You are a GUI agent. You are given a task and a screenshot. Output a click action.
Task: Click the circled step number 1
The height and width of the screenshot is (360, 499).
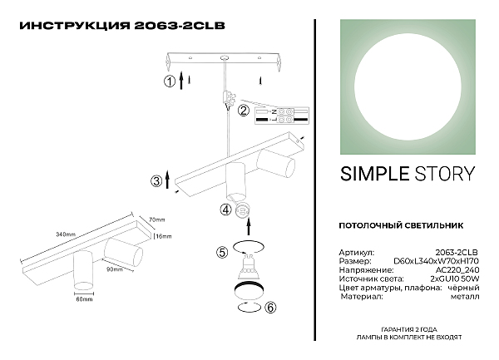[170, 81]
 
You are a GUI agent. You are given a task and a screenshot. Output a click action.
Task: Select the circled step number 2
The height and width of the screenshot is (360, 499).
[244, 111]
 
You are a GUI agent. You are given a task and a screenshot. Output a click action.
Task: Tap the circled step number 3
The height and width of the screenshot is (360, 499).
[156, 181]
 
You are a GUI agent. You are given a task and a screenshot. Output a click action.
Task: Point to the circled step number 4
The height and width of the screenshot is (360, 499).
[225, 210]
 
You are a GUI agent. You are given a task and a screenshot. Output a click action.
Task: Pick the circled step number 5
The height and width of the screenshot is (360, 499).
[222, 253]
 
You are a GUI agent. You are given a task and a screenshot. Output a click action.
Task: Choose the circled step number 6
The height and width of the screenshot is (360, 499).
[270, 308]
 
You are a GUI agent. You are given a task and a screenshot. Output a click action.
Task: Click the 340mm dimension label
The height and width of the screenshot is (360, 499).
[66, 234]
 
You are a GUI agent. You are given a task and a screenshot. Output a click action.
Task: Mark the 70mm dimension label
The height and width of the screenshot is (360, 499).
[157, 219]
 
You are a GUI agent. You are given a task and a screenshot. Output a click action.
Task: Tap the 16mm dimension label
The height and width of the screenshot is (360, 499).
[164, 236]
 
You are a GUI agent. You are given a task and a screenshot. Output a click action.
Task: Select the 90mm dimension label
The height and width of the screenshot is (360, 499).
[115, 269]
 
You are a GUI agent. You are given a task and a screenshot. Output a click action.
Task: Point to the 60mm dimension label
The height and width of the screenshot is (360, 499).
[84, 299]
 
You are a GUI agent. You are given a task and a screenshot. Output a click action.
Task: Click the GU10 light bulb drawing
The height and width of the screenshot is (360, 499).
[249, 266]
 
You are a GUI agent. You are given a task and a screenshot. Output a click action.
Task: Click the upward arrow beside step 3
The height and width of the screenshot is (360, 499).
[168, 179]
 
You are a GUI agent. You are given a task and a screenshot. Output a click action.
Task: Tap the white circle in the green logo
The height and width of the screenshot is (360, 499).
[408, 87]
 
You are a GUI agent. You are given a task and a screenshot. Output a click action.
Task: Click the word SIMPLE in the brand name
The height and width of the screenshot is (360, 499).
[374, 174]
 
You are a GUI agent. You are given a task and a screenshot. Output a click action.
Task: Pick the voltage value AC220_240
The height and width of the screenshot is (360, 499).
[457, 270]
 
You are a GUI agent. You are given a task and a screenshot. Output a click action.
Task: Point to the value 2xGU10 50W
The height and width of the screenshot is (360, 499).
[455, 279]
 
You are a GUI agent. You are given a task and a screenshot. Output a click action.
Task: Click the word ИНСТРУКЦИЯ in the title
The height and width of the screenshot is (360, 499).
[75, 26]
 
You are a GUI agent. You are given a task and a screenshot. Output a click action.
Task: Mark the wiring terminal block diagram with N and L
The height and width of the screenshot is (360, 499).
[282, 116]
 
